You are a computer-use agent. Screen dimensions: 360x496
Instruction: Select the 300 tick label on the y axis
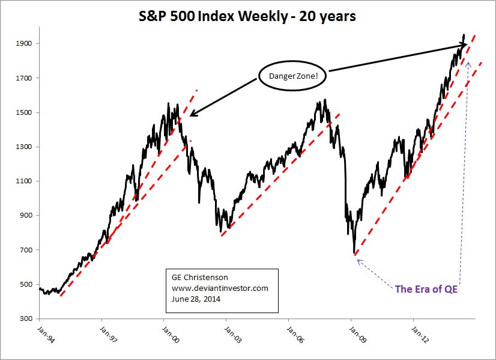pyautogui.click(x=26, y=319)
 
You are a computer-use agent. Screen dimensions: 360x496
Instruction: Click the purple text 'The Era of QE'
pyautogui.click(x=426, y=289)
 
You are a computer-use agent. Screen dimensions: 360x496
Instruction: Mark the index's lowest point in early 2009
pyautogui.click(x=354, y=254)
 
